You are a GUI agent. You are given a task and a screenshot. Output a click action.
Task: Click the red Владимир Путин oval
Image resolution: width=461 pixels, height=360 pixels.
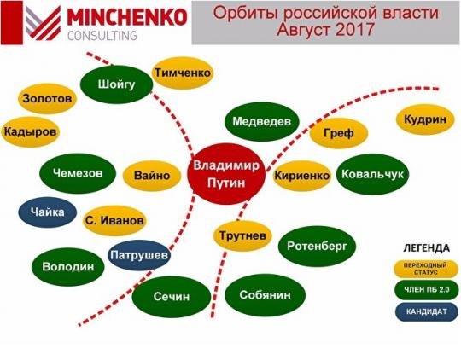point(226,174)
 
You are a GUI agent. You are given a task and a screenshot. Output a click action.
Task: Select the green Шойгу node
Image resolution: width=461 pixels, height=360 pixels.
point(116,84)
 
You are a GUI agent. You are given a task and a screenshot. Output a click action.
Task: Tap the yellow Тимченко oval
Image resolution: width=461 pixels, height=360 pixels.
point(183,73)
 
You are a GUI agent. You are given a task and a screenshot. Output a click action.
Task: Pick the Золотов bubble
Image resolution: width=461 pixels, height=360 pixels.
point(47,98)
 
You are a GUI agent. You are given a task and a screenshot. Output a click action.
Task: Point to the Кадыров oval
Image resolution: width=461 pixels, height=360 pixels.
point(30,131)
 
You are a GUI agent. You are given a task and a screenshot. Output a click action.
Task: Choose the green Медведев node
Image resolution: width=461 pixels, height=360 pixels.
point(262,121)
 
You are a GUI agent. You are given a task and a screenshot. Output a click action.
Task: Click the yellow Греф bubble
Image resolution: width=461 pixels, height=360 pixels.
point(339,133)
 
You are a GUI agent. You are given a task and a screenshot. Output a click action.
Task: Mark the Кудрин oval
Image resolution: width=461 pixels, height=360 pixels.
point(425,119)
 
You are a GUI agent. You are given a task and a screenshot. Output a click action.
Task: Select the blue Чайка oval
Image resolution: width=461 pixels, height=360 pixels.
point(47,212)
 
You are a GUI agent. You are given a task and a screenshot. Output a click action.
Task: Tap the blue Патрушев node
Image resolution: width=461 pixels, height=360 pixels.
point(139,255)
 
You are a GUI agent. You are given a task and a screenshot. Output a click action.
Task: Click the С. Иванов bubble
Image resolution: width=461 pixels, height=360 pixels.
point(114,220)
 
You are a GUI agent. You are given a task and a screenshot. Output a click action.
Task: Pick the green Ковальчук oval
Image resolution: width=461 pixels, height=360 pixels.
point(372,174)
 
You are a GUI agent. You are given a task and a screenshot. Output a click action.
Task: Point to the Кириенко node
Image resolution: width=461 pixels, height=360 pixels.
point(301,176)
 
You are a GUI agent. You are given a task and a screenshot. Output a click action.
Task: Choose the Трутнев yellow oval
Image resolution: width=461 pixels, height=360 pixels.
point(242,235)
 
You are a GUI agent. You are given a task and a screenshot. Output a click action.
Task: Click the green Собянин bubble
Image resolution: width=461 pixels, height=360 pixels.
point(265,295)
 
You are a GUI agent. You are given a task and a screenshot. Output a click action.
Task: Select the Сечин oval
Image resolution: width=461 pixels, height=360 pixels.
point(172,297)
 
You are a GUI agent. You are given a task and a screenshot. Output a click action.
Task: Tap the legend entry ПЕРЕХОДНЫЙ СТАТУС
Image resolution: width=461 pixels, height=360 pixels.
point(426,269)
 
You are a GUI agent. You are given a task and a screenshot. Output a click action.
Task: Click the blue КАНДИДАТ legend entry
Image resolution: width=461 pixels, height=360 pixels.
point(427,311)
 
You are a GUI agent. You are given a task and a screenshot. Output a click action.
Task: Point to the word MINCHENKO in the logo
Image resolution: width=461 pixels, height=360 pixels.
point(127,17)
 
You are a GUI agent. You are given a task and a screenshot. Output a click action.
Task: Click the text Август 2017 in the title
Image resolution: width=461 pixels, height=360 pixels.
point(325,29)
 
